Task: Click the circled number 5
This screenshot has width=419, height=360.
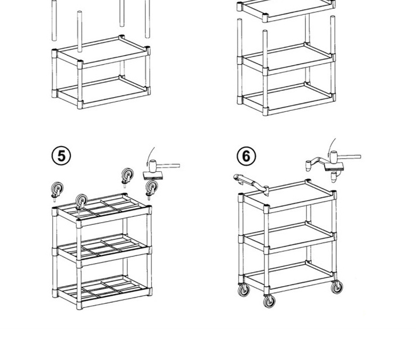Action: [61, 156]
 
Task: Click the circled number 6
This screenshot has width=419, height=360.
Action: [246, 156]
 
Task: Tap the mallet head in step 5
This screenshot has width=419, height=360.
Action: [152, 165]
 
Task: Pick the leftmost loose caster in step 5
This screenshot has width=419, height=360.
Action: [57, 189]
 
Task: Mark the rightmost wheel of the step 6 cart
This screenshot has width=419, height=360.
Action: [337, 287]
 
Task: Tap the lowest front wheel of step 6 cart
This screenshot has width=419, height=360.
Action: [269, 301]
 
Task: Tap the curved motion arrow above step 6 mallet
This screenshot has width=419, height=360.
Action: [331, 144]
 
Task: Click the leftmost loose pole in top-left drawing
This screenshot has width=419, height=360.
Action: [54, 21]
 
